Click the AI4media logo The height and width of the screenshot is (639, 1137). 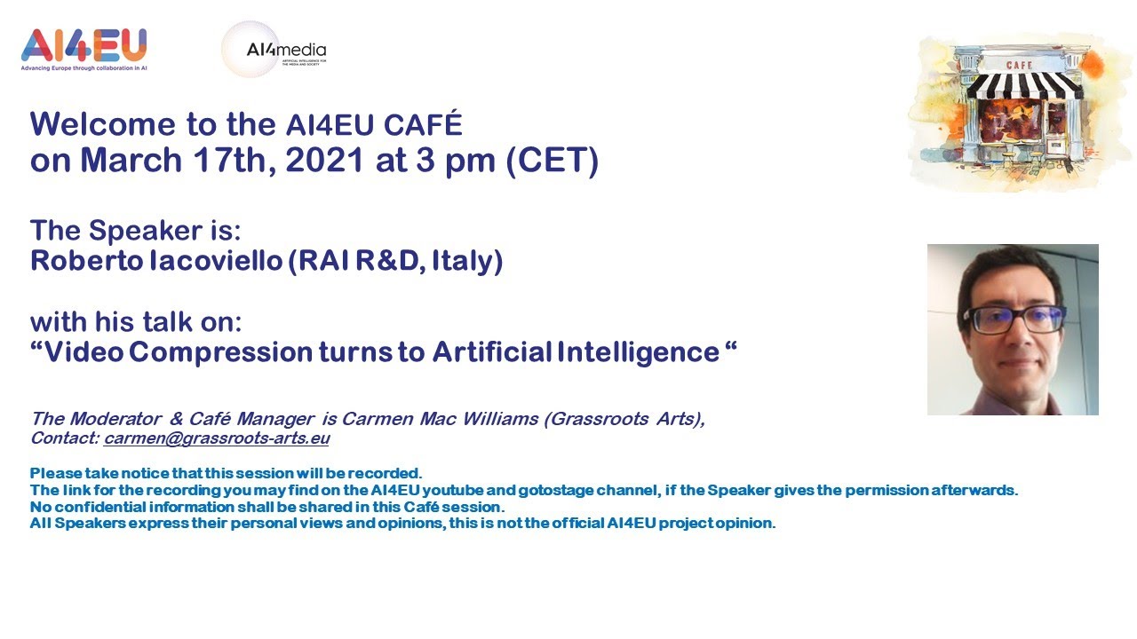pyautogui.click(x=274, y=50)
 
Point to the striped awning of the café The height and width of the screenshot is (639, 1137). pyautogui.click(x=1023, y=85)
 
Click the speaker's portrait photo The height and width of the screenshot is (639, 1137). pyautogui.click(x=1013, y=329)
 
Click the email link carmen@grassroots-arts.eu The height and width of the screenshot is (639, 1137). pyautogui.click(x=216, y=438)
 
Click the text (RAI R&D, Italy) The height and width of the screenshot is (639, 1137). pyautogui.click(x=395, y=261)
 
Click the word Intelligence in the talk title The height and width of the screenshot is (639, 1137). pyautogui.click(x=637, y=351)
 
